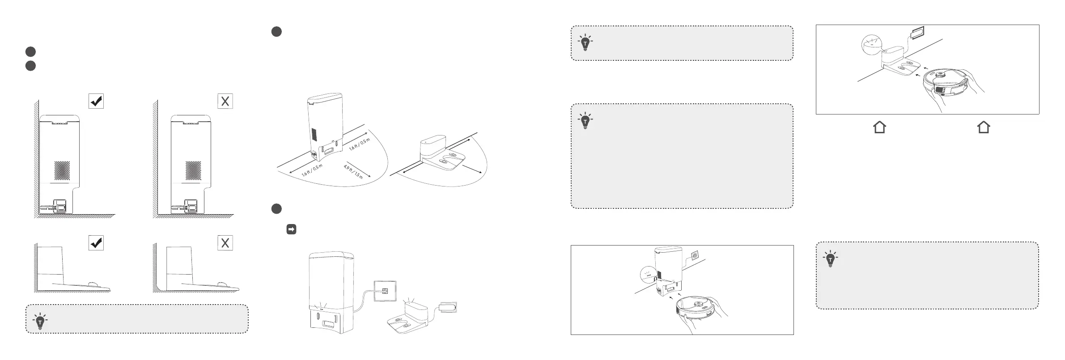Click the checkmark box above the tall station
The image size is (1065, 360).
[x=96, y=101]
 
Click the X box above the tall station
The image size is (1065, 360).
[x=225, y=101]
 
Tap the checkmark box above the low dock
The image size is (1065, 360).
[x=96, y=243]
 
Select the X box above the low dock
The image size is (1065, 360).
[x=225, y=243]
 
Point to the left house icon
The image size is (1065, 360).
[x=879, y=127]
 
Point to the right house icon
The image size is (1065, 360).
[x=984, y=127]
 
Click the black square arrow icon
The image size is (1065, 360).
[x=291, y=229]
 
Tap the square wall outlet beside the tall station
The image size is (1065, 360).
[x=385, y=291]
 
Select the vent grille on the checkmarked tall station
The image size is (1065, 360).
[x=63, y=170]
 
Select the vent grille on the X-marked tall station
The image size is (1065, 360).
[x=194, y=170]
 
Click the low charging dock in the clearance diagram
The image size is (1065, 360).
[x=441, y=154]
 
